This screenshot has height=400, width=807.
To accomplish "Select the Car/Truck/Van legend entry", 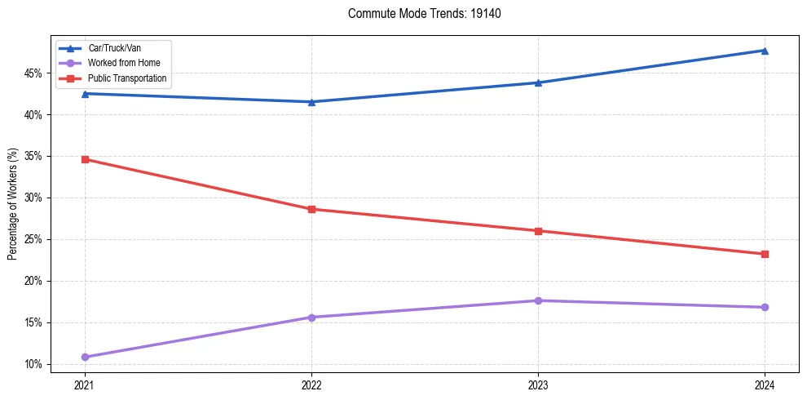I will pos(114,48).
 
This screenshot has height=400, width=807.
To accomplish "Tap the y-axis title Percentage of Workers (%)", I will pos(12,204).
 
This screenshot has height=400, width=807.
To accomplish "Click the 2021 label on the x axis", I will pos(85,384).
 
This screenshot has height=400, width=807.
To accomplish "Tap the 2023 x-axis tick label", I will pos(538,384).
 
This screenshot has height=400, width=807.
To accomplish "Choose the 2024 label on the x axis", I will pos(765,384).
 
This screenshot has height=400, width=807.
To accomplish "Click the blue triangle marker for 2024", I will pos(765,51).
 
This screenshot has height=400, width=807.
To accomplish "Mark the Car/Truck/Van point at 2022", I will pos(311,102).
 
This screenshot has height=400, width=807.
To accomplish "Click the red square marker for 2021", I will pos(85,159).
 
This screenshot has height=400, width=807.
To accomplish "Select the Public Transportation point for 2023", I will pos(538,231).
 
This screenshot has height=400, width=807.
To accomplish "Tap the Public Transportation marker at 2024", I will pos(765,254).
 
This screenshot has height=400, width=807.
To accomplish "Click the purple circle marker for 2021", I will pos(85,357).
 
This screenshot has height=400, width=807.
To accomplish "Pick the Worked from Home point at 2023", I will pos(538,300).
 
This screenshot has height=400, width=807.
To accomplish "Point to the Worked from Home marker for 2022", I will pos(311,318).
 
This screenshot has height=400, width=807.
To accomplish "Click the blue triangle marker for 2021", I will pos(85,94).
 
